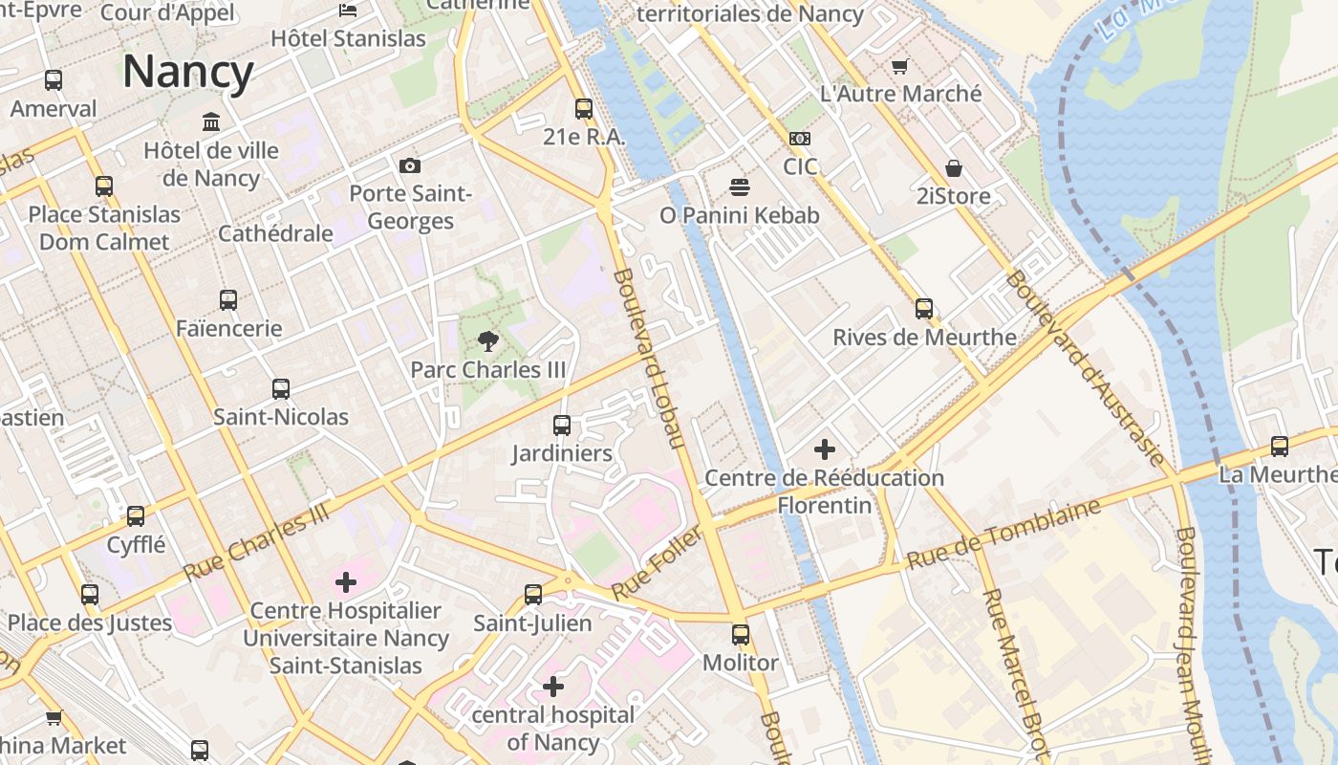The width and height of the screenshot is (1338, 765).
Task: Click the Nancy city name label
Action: point(187,73)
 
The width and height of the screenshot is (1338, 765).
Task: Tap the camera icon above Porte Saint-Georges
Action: point(410,165)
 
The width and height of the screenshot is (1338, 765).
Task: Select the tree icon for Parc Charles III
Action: point(488,341)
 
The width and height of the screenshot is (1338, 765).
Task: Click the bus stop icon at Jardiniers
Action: point(562,425)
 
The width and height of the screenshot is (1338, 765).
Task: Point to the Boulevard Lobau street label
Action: point(650,358)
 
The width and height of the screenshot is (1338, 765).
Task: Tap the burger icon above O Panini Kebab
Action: point(740,186)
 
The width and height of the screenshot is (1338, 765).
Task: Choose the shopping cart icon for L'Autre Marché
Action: point(899,66)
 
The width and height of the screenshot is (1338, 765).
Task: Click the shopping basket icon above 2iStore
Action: point(953,168)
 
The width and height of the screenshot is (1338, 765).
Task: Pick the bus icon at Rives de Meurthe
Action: point(924,308)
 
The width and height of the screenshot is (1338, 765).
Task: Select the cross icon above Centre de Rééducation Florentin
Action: point(824,448)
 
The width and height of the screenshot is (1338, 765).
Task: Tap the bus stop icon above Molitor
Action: point(741,634)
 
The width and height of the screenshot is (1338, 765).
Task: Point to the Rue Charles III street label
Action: point(256,541)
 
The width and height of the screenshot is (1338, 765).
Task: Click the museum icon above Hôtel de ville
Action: point(211,121)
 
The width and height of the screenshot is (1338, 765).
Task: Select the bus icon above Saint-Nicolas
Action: point(281,388)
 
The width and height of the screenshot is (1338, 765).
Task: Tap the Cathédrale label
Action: point(275,233)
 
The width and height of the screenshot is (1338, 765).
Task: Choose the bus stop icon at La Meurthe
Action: point(1279,446)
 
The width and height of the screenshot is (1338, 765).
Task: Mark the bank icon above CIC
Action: point(800,139)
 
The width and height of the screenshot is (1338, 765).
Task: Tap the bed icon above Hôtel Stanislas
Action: point(348,11)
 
